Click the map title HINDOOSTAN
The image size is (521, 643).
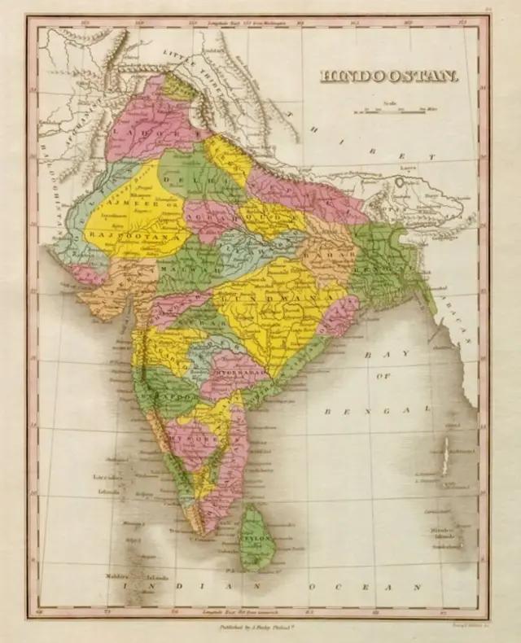click(389, 77)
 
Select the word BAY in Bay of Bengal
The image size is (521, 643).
click(378, 356)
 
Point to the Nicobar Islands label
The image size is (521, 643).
click(440, 533)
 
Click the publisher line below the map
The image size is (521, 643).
click(260, 628)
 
